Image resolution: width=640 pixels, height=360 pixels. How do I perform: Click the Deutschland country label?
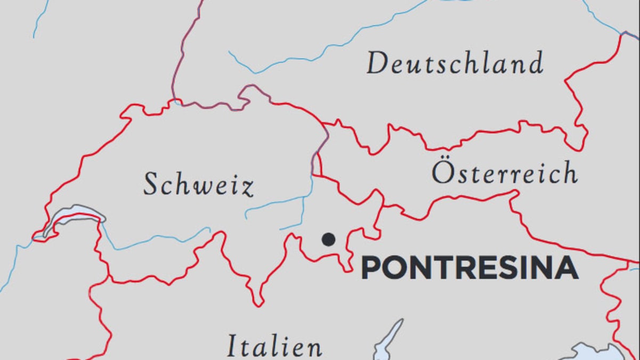pos(455,64)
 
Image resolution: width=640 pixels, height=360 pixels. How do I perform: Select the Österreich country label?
pos(504,173)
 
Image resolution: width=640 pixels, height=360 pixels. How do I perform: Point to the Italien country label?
pos(274,346)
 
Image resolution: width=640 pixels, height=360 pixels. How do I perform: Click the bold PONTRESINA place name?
pos(469,268)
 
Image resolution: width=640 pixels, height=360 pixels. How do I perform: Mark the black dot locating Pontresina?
pos(329,240)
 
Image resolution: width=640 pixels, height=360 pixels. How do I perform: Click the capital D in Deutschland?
pos(377,64)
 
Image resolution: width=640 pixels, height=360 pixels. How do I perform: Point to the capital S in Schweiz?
pos(153,184)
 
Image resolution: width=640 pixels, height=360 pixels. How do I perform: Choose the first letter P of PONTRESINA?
pos(371,268)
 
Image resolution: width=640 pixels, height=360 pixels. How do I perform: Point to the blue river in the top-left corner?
pos(40,19)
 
